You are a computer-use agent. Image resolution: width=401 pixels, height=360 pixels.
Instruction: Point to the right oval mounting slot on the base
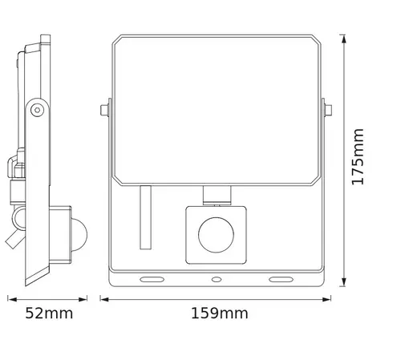[282, 279]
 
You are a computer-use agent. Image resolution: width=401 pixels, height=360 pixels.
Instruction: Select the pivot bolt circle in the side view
[36, 109]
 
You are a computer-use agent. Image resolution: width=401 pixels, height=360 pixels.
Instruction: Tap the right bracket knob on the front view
[327, 109]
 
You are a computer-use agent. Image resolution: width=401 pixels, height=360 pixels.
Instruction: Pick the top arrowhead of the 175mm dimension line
[343, 38]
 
